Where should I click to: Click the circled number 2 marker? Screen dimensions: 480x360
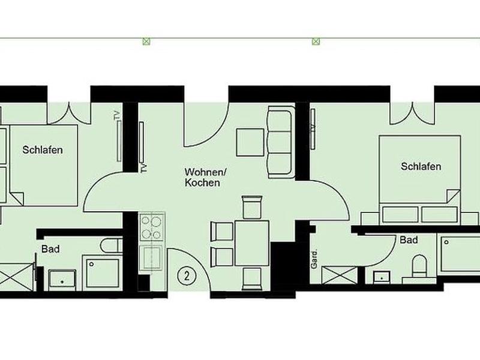pos(187,276)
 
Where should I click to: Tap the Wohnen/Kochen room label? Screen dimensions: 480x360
pos(205,177)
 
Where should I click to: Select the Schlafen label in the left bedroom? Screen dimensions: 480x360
pos(43,150)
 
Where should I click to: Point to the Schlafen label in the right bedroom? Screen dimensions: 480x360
pos(421,167)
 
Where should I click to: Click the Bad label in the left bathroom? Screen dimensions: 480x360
pos(50,249)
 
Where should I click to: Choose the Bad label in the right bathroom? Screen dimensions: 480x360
pos(409,240)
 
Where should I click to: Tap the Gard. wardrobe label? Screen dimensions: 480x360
pos(314,260)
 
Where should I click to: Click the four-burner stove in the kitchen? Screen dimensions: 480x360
pos(152,227)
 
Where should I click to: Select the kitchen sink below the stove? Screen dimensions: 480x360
pos(151,258)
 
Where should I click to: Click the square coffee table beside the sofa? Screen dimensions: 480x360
pos(250,142)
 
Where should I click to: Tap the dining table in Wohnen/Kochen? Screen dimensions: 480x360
pos(252,243)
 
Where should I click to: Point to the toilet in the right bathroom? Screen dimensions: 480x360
pos(419,266)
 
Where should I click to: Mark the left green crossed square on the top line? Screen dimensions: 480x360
pos(146,41)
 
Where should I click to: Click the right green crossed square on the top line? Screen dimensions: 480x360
pos(316,41)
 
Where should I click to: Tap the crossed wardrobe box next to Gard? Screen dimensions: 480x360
pos(340,275)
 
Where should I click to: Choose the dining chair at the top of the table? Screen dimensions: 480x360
pos(252,207)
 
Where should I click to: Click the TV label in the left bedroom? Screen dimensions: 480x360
pos(116,116)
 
